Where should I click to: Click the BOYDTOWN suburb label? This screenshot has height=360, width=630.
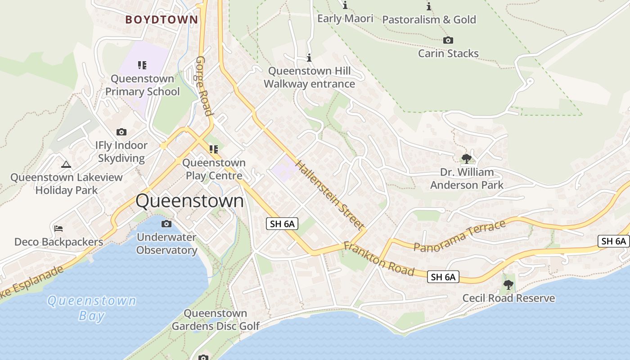pyautogui.click(x=162, y=20)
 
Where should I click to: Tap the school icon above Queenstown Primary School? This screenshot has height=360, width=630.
pyautogui.click(x=142, y=65)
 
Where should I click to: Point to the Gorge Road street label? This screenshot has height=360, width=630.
pyautogui.click(x=204, y=86)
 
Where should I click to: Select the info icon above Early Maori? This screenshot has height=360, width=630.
pyautogui.click(x=345, y=5)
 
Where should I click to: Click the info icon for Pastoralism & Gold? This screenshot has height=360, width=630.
pyautogui.click(x=429, y=6)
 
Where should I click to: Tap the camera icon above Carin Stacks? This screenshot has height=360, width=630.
pyautogui.click(x=448, y=40)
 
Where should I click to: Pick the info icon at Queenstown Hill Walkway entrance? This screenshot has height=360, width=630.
pyautogui.click(x=309, y=58)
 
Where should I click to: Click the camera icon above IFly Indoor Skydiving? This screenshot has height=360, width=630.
pyautogui.click(x=121, y=132)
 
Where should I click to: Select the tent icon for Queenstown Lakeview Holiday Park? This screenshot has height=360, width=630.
pyautogui.click(x=66, y=165)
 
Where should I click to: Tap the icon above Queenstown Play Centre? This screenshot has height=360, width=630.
pyautogui.click(x=214, y=149)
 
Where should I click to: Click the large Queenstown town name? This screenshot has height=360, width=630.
pyautogui.click(x=189, y=201)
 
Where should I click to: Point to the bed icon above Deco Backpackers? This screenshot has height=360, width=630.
pyautogui.click(x=58, y=229)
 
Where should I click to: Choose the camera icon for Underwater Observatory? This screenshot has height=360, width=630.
pyautogui.click(x=166, y=224)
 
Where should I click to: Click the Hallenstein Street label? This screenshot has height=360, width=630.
pyautogui.click(x=330, y=194)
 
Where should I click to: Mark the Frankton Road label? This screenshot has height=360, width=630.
pyautogui.click(x=378, y=259)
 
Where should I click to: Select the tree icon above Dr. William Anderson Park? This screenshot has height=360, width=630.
pyautogui.click(x=467, y=158)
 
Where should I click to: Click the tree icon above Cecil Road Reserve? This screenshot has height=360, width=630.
pyautogui.click(x=508, y=284)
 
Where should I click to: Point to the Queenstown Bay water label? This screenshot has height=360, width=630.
pyautogui.click(x=92, y=308)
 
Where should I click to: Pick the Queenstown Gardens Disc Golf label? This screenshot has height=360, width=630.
pyautogui.click(x=216, y=319)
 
